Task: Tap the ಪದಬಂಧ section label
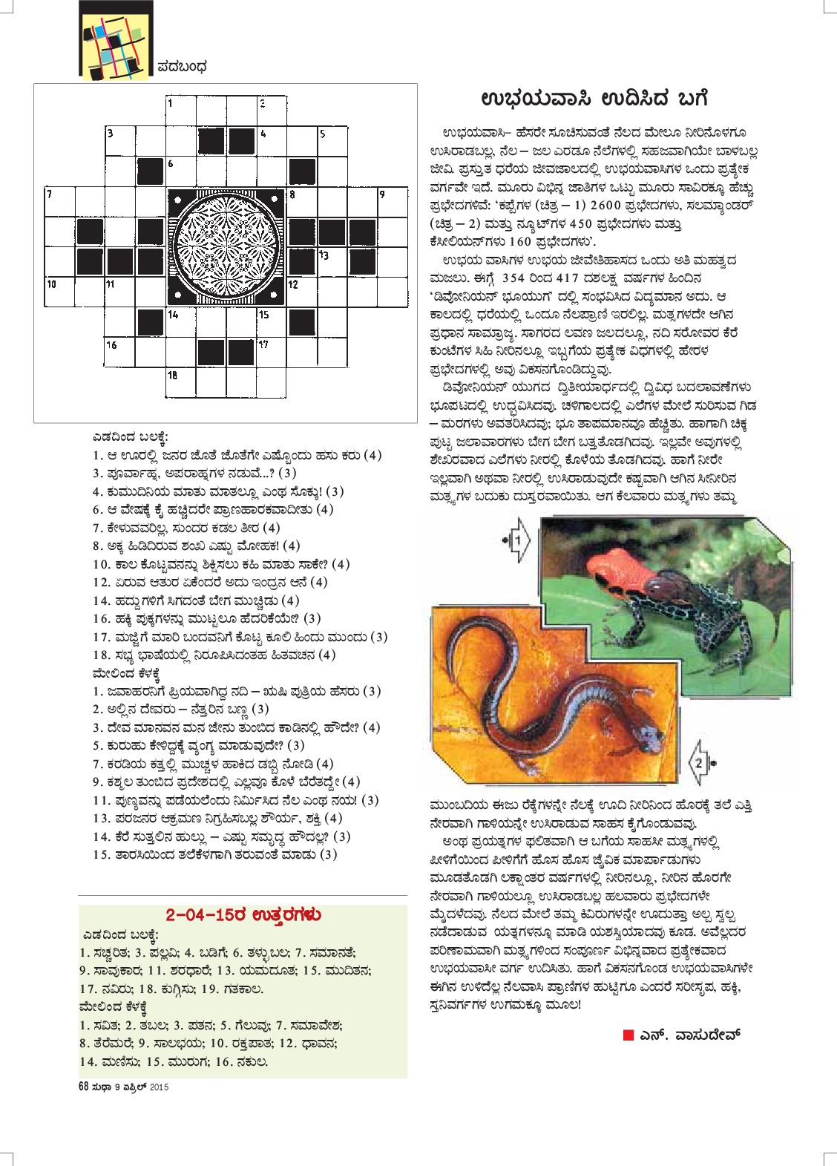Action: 183,67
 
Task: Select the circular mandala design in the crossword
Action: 226,247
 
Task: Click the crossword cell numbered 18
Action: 181,383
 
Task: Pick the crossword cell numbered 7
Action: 60,202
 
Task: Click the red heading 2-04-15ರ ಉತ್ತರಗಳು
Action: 243,914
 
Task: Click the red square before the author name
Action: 628,1035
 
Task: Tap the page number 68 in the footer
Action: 83,1087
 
